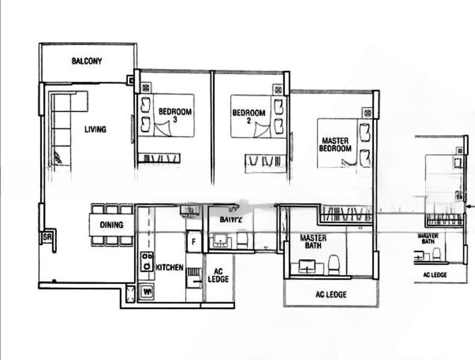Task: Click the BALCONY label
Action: (87, 61)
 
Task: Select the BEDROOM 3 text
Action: (175, 115)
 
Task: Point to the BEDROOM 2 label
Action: (249, 113)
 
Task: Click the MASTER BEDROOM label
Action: (334, 145)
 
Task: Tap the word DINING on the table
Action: (112, 225)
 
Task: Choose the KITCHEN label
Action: (169, 268)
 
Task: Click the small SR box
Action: (47, 238)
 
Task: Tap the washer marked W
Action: (146, 292)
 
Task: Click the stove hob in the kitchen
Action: (146, 262)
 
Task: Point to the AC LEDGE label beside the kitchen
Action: (217, 275)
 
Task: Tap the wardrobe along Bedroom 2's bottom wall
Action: (265, 161)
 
